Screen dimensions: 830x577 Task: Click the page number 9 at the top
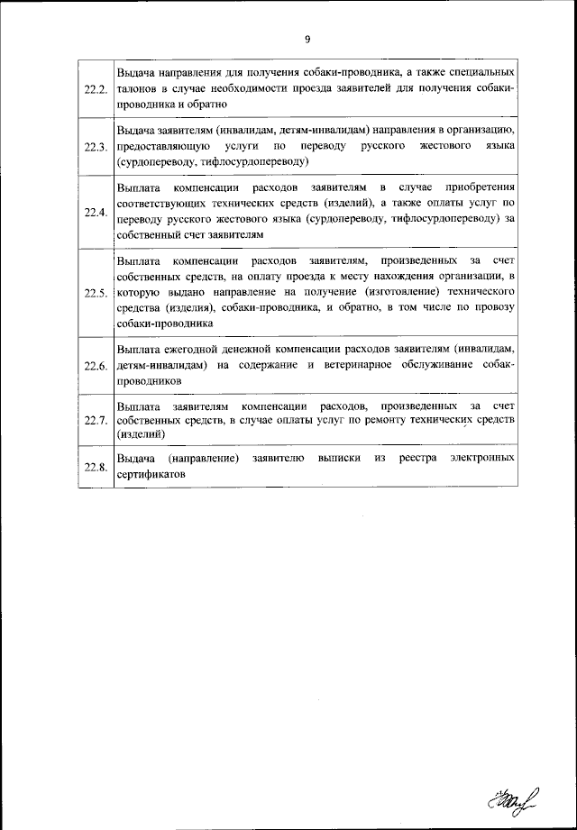click(x=307, y=39)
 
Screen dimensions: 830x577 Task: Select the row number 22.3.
click(x=96, y=147)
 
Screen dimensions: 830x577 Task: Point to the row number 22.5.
click(x=96, y=293)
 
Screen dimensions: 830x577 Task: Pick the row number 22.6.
click(x=96, y=366)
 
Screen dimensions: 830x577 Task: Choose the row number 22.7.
click(x=96, y=421)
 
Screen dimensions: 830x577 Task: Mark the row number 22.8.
click(x=96, y=467)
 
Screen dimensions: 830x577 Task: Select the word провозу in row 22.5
click(x=492, y=308)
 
